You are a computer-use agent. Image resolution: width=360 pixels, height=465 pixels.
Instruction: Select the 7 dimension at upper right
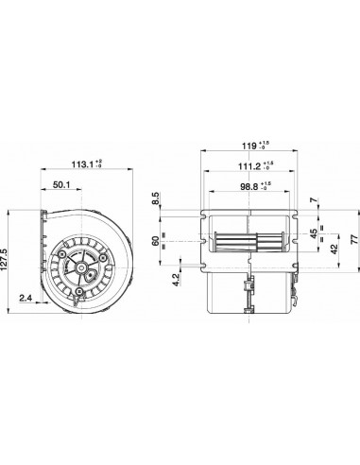click(x=316, y=201)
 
